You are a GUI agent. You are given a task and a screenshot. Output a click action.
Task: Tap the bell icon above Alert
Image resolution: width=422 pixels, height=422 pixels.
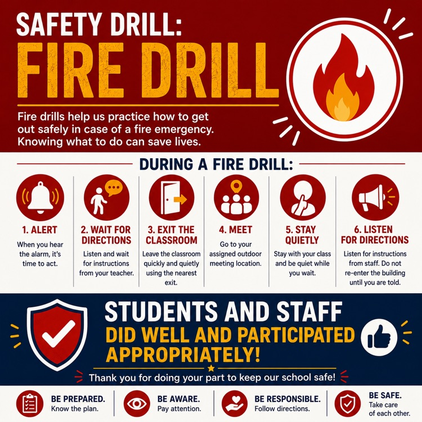coord(40,197)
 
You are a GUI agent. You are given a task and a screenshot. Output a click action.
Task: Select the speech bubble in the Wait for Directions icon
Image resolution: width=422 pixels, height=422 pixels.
coord(114,187)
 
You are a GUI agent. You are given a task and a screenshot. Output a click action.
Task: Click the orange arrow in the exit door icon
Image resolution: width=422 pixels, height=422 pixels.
coord(180,199)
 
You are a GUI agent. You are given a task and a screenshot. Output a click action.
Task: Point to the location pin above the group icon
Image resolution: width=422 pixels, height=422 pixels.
coord(236,186)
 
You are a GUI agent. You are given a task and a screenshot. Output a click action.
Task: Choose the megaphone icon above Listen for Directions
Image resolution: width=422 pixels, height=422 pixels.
coord(371,197)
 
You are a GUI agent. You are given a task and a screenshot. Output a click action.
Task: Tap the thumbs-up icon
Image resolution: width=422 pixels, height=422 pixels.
coord(379,337)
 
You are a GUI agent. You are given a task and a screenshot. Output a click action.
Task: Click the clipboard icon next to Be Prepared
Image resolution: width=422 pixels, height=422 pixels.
coord(30,403)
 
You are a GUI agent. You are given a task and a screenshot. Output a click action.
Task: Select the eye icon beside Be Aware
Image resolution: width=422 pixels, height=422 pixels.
coord(137,403)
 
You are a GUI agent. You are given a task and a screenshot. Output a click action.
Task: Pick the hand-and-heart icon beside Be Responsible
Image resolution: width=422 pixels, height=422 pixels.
coord(235,403)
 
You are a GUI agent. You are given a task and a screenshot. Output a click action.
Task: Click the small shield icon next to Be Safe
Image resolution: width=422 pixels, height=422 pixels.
coord(348,403)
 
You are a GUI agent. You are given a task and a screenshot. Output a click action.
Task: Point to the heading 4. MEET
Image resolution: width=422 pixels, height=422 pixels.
coord(236,230)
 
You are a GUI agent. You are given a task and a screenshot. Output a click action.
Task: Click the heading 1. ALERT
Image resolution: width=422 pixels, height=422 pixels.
coord(40,230)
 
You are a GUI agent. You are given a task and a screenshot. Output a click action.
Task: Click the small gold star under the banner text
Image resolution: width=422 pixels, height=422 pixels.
coord(211,368)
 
